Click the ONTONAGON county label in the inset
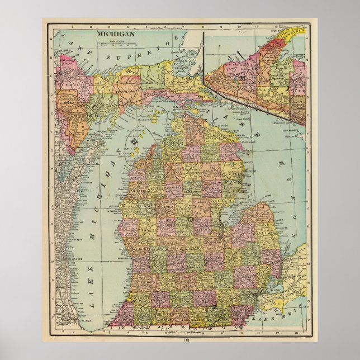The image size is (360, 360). pyautogui.click(x=229, y=73)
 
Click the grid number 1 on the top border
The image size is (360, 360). pyautogui.click(x=73, y=26)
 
